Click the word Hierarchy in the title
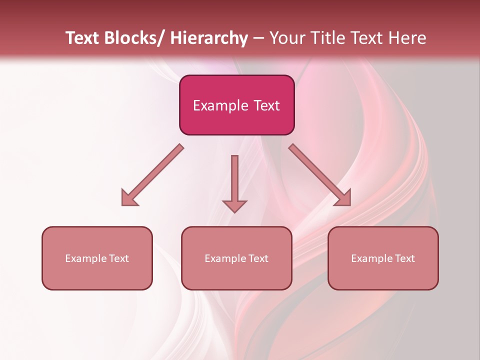click(x=209, y=38)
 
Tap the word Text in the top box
click(x=266, y=105)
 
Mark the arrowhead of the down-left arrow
click(x=129, y=198)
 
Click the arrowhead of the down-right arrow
click(x=343, y=198)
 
